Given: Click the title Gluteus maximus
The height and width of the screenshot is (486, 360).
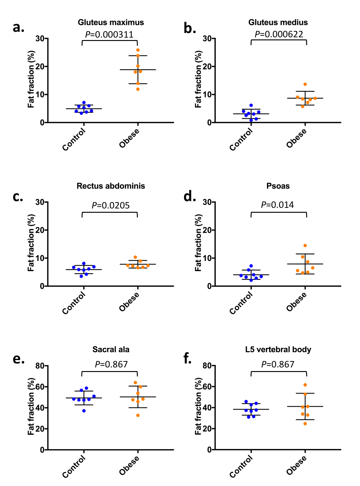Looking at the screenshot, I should [x=111, y=22].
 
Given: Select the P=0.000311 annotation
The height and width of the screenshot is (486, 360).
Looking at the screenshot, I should [x=109, y=35].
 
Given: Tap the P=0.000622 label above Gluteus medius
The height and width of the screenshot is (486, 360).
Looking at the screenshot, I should [x=279, y=34].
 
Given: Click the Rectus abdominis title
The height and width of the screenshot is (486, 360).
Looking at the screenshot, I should [x=111, y=186].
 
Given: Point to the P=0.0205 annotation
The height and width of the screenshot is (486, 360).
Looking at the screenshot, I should [x=111, y=205].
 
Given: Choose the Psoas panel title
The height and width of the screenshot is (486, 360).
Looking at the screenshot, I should [x=278, y=186].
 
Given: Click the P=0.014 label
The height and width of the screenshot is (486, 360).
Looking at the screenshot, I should [x=277, y=205].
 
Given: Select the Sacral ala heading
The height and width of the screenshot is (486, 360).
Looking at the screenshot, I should [x=111, y=349].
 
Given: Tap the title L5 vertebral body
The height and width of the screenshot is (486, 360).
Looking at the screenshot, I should [x=278, y=349].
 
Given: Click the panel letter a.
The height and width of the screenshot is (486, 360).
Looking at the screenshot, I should [x=18, y=28].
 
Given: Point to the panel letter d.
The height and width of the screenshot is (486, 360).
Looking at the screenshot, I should [x=189, y=197].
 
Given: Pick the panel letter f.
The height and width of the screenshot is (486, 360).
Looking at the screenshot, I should [x=187, y=358].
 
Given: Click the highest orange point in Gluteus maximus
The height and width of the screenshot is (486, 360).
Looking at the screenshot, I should [x=138, y=50].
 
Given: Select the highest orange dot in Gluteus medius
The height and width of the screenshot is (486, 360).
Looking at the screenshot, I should [x=305, y=84].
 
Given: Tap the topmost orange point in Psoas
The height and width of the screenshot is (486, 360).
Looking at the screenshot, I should [x=305, y=246].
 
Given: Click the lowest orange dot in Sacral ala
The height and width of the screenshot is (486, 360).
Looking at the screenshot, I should [x=138, y=415].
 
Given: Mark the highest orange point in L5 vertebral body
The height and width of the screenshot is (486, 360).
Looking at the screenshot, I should [x=305, y=385].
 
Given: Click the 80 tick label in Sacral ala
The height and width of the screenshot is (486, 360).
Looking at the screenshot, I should [x=40, y=366].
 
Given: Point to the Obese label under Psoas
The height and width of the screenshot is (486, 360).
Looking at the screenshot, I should [x=296, y=301].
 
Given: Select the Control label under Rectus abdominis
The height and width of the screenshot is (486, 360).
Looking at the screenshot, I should [x=74, y=303].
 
